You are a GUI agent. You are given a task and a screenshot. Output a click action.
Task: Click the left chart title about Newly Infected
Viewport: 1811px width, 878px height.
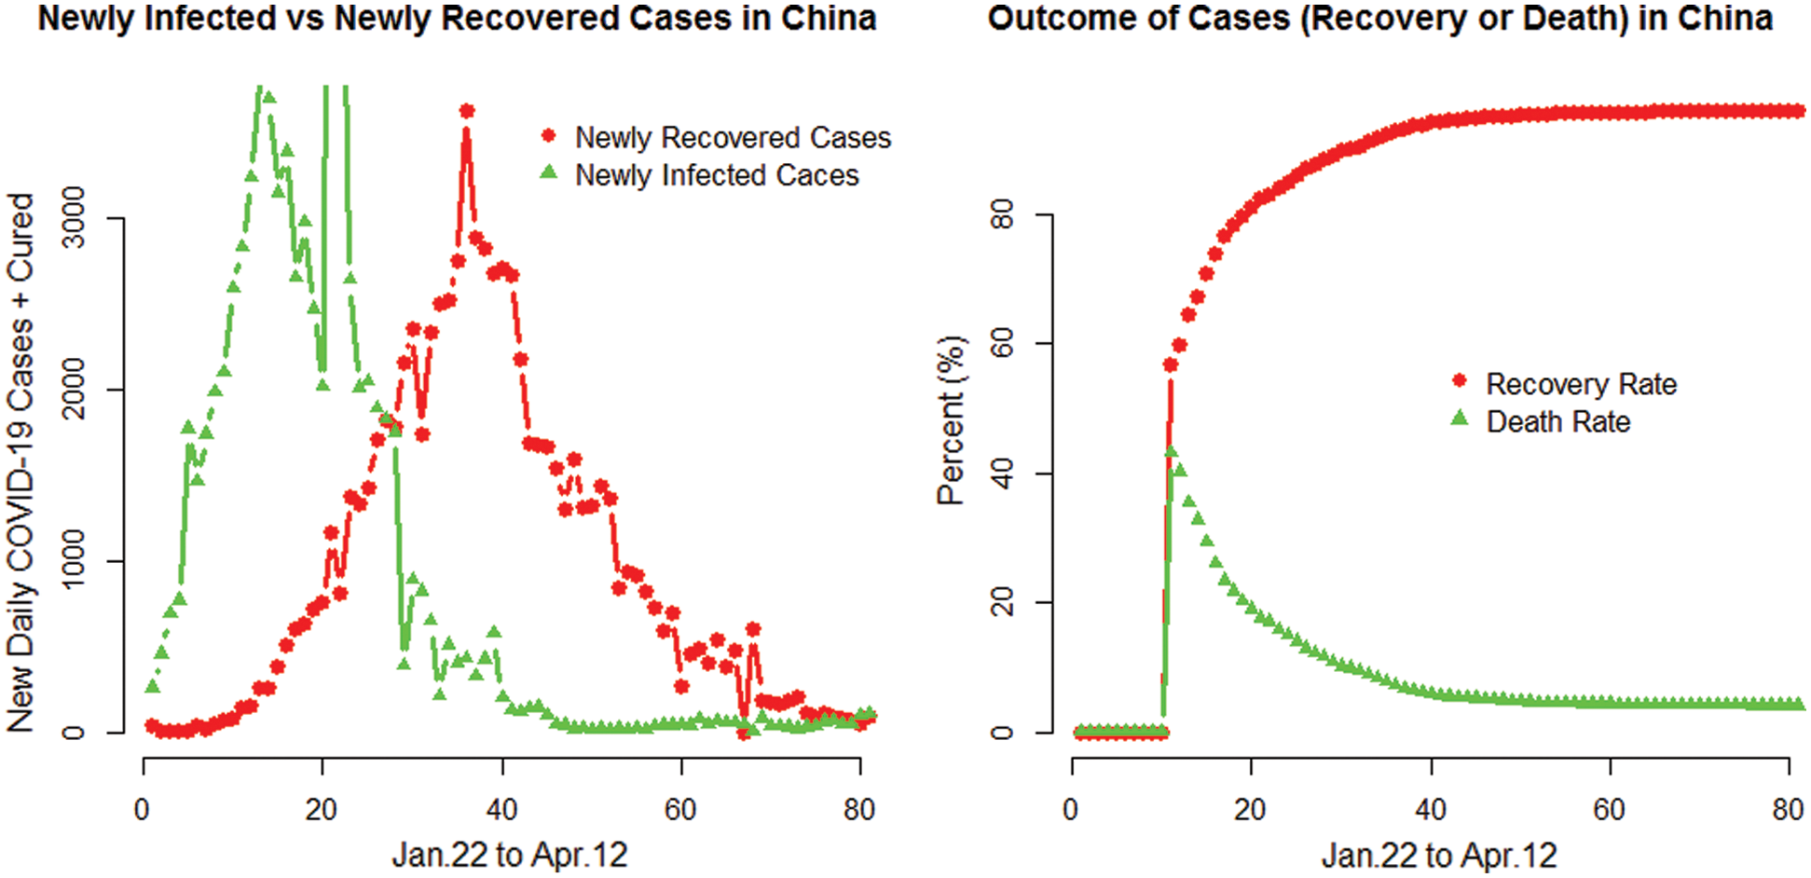(457, 19)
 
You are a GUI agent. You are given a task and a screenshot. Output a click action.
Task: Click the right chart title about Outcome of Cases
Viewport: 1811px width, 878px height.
(1379, 19)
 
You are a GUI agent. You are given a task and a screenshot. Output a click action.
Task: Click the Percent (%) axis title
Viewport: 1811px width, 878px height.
(952, 420)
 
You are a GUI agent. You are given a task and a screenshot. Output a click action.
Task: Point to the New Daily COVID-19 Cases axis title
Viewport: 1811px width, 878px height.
(21, 461)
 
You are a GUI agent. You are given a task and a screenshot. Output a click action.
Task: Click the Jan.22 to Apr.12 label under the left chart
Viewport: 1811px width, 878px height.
(509, 854)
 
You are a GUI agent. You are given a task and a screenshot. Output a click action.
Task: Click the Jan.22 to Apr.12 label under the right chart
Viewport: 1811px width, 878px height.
(1438, 854)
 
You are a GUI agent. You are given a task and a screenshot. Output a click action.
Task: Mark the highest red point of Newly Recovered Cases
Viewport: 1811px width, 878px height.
(467, 111)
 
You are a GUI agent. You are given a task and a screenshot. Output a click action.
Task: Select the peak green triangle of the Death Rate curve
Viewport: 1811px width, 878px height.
(1171, 452)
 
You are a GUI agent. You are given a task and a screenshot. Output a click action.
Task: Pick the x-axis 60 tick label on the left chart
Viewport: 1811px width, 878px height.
(680, 809)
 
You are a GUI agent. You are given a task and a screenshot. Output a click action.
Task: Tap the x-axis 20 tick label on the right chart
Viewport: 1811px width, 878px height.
(1250, 809)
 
